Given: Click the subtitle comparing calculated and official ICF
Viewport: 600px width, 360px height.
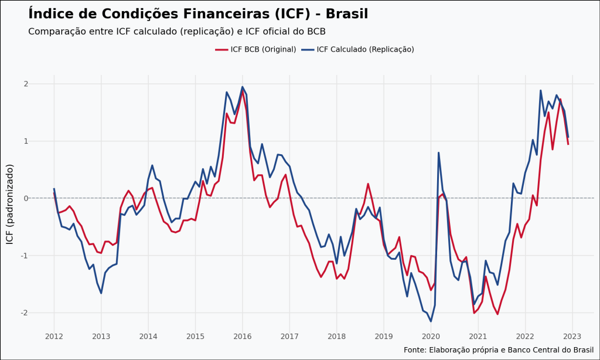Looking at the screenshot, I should [176, 32].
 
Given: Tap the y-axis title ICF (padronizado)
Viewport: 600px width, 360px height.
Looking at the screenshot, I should [9, 204].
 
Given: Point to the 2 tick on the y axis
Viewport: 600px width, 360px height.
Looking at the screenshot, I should [26, 84].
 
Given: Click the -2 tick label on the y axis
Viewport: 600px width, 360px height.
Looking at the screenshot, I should [24, 313].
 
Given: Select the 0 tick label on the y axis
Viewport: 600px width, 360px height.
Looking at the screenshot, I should [26, 198].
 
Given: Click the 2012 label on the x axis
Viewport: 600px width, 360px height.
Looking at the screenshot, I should [54, 336].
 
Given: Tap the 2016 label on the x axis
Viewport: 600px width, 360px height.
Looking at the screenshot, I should [242, 336].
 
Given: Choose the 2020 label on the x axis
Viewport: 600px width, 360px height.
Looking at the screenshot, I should [431, 336].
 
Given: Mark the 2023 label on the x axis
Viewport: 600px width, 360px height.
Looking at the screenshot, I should [572, 336].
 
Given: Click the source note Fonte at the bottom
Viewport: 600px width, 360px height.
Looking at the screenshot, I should [499, 350].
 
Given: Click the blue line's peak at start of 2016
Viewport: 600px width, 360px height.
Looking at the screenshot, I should [243, 87].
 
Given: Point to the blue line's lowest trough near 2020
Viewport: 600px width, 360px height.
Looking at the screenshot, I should [431, 321].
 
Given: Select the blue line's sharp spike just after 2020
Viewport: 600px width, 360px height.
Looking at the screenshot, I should [438, 152].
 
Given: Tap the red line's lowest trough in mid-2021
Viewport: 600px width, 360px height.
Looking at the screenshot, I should [497, 314].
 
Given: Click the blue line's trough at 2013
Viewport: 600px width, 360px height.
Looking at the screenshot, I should [101, 293].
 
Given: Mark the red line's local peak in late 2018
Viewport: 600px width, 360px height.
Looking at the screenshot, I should [368, 184].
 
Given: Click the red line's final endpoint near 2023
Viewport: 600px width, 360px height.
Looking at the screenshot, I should [568, 144].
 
